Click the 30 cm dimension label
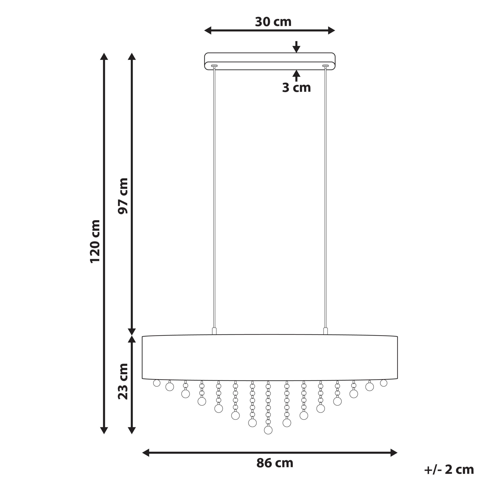pos(273,22)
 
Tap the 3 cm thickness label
pos(296,88)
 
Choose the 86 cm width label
pos(275,463)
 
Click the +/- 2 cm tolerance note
pos(449,469)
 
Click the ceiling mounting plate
pos(270,61)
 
